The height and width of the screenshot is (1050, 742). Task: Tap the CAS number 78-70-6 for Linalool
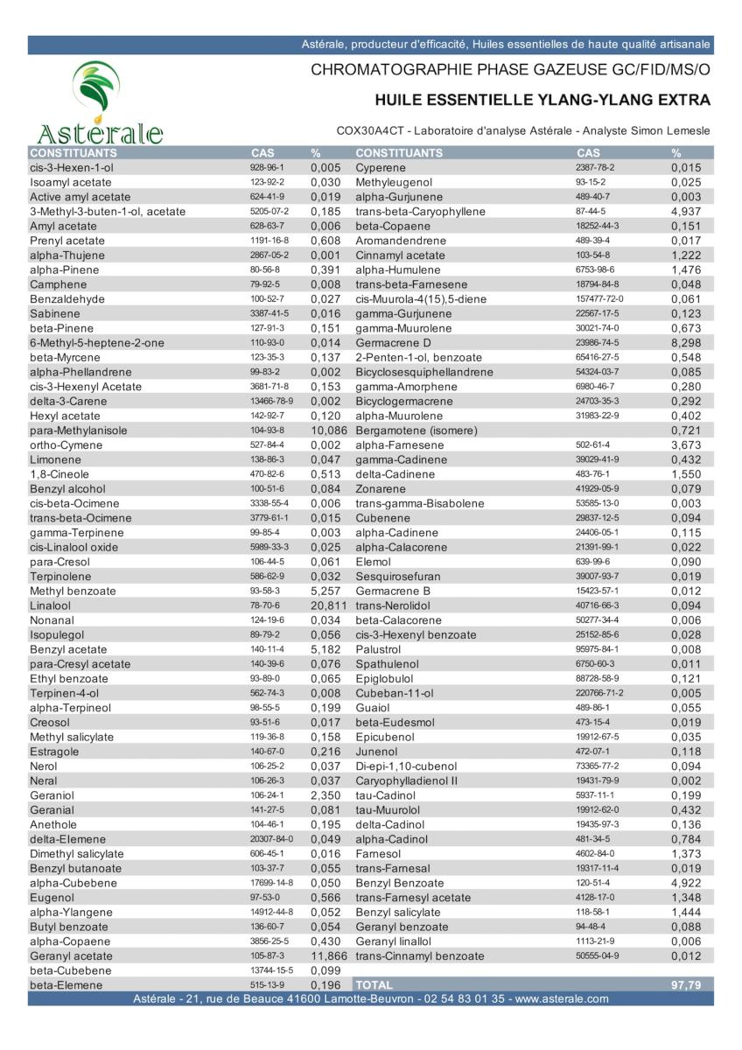point(265,605)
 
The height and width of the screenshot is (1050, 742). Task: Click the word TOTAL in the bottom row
point(374,985)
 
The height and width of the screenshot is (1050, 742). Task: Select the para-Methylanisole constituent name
point(79,430)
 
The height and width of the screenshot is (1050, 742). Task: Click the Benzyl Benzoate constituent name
point(399,883)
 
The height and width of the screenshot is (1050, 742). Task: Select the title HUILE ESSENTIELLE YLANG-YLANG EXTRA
point(542,100)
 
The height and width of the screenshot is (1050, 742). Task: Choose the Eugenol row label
point(52,898)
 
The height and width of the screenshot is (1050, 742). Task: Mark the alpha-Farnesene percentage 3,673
point(687,445)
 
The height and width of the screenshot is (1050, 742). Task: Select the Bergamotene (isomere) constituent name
point(416,430)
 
